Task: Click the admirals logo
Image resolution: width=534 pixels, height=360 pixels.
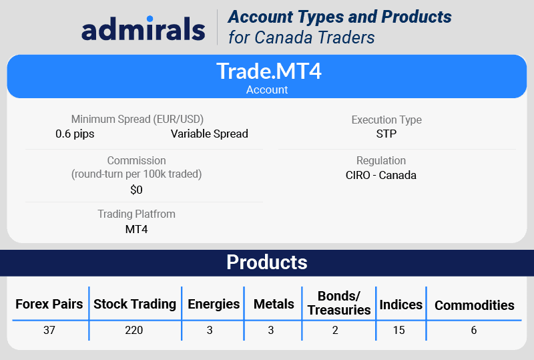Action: click(144, 29)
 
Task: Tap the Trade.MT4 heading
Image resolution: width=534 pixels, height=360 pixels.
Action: click(269, 71)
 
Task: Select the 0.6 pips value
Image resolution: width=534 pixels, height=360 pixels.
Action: click(75, 134)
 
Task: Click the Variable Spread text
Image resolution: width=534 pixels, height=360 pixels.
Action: click(210, 134)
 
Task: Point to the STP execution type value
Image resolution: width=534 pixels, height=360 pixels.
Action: click(386, 134)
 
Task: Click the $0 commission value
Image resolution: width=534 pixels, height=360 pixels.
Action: click(136, 190)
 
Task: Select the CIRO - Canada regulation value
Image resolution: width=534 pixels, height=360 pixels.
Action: click(381, 175)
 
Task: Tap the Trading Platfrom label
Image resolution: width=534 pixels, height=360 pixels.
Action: click(137, 214)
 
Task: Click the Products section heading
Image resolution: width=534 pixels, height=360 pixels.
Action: click(267, 262)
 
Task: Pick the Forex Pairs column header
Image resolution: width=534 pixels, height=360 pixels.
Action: click(49, 304)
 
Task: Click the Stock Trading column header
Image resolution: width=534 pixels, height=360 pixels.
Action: click(135, 304)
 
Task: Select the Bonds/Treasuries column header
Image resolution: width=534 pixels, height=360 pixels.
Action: click(339, 303)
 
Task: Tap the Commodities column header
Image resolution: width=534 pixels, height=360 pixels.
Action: click(475, 305)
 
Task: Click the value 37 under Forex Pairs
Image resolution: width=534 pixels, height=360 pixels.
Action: click(49, 330)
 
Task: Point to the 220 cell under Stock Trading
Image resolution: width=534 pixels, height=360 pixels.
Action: click(134, 330)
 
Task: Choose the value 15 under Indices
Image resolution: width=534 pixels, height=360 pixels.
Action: click(398, 330)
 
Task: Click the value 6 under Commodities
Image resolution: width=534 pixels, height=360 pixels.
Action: click(474, 330)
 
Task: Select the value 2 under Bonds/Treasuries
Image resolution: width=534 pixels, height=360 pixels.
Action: click(335, 330)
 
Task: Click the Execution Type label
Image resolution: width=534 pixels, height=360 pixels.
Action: click(386, 120)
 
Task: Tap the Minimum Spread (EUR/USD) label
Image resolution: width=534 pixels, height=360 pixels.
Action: click(138, 120)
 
